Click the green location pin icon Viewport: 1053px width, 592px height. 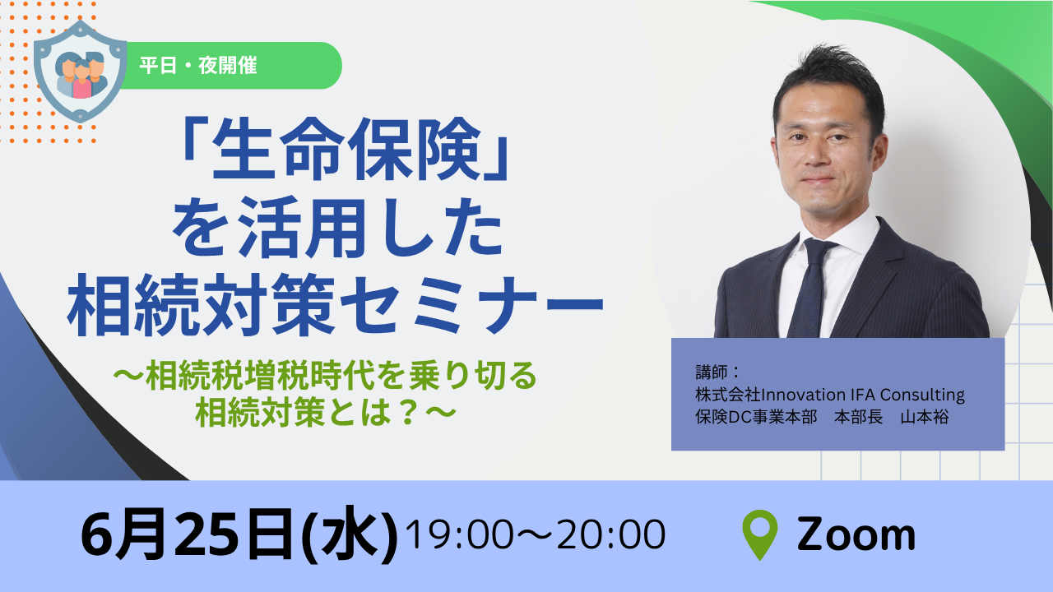[759, 534]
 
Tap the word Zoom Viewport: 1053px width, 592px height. [856, 534]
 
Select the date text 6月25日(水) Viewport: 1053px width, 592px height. [239, 534]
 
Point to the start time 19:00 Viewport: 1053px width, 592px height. [459, 534]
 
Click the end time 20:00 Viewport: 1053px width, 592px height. [611, 534]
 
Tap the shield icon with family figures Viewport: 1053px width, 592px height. [81, 72]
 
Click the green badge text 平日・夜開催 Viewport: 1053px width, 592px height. [198, 65]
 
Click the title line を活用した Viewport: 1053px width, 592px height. [338, 228]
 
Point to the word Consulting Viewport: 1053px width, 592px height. [922, 395]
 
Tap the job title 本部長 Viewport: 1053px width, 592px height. [858, 417]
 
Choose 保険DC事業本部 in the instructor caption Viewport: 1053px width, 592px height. [756, 417]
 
